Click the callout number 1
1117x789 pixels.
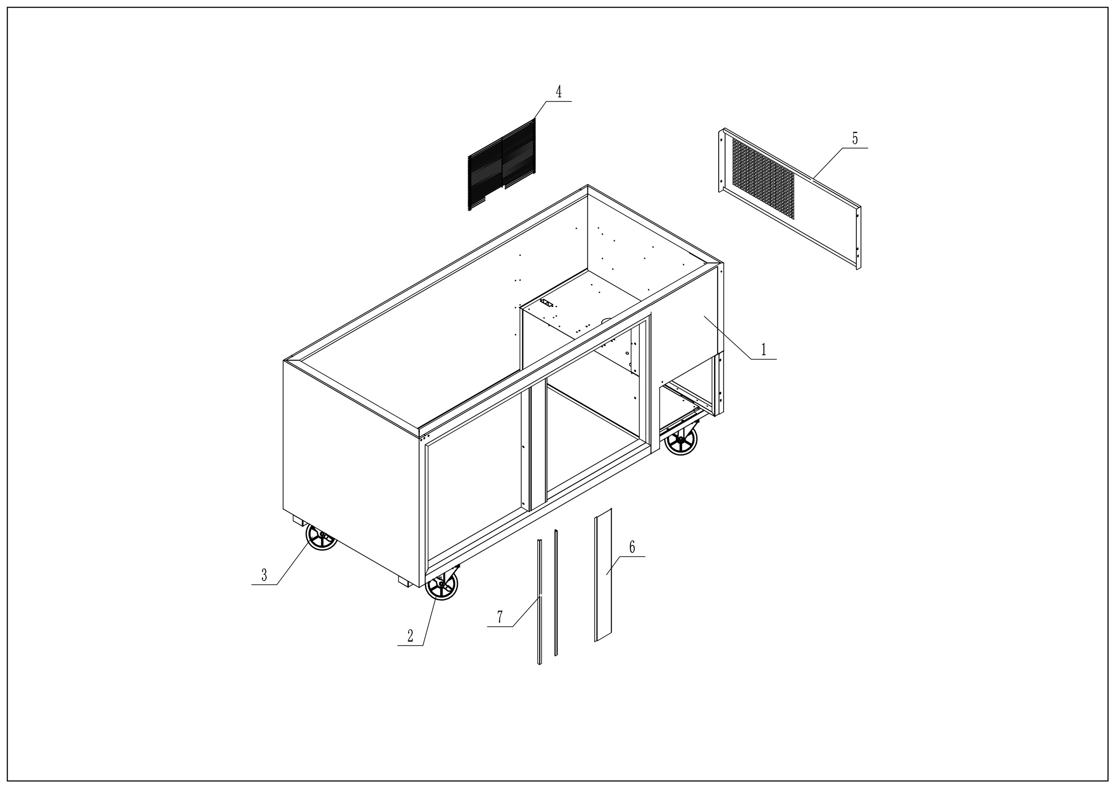pyautogui.click(x=763, y=349)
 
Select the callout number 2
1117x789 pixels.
pyautogui.click(x=410, y=636)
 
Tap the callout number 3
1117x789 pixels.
pyautogui.click(x=264, y=575)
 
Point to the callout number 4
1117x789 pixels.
pyautogui.click(x=558, y=91)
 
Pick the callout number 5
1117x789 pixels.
pyautogui.click(x=855, y=138)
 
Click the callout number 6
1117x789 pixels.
pyautogui.click(x=632, y=547)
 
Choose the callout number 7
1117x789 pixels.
pyautogui.click(x=500, y=617)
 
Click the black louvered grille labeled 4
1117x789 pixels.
pyautogui.click(x=502, y=164)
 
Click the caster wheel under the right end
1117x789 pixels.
pyautogui.click(x=680, y=441)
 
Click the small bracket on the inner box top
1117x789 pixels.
pyautogui.click(x=547, y=303)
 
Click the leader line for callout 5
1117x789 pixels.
pyautogui.click(x=827, y=163)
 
